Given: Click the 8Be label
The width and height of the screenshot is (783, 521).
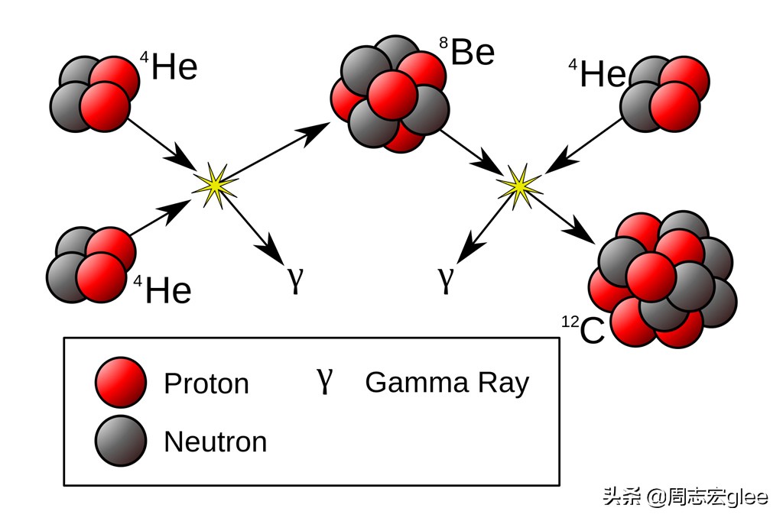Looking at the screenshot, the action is coord(467,51).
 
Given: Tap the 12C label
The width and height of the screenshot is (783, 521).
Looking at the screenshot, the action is coord(583,330).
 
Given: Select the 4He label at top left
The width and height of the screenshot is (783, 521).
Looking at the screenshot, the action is coord(169,66).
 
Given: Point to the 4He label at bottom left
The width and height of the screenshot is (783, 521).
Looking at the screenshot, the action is coord(163,290).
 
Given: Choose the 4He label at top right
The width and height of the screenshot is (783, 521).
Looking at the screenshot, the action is coord(597,73).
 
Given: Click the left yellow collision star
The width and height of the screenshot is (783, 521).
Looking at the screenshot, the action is coord(215,185).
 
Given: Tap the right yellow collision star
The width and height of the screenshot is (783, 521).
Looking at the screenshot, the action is coord(519,186).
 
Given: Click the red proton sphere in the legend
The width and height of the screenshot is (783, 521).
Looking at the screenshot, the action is coord(121,382).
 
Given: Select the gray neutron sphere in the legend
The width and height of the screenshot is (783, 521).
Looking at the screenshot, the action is coord(121,441).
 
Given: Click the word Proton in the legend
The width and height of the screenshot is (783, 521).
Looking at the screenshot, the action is coord(206,383).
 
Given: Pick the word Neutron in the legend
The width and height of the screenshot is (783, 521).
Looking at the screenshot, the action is coord(216,442).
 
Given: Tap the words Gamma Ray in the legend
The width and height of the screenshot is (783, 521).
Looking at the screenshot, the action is coord(447,383).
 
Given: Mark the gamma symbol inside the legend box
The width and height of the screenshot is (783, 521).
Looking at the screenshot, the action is coord(324,382).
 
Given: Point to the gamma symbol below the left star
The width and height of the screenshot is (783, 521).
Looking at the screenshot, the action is coord(296,280).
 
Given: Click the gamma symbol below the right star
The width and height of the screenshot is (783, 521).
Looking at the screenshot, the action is coord(446,280).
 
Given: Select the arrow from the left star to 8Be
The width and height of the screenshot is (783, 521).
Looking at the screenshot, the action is coord(276,151).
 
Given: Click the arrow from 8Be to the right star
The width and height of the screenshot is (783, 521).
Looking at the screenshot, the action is coord(473,153).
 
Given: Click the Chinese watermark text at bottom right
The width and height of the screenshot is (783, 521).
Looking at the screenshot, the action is coord(686,497).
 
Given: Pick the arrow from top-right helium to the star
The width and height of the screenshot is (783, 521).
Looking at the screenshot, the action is coord(584,146).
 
